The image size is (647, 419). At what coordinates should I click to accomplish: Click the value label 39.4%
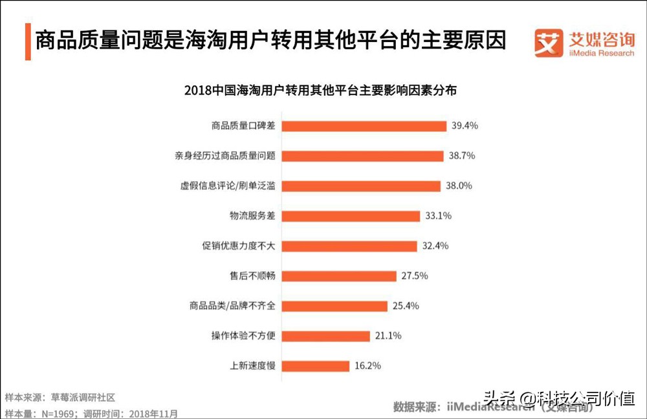[x=465, y=126]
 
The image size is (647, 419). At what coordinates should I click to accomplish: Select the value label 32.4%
[x=435, y=246]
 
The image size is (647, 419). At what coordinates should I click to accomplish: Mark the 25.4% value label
[x=405, y=306]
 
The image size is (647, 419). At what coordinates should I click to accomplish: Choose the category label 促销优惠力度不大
[x=239, y=246]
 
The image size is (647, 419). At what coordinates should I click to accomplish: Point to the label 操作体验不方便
[x=243, y=336]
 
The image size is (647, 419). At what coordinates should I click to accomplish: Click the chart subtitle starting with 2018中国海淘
[x=320, y=91]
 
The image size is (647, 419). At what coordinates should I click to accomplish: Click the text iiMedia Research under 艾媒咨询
[x=602, y=53]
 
